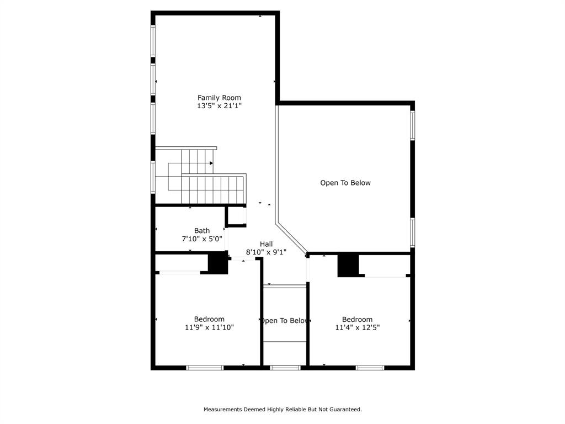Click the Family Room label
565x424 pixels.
[219, 98]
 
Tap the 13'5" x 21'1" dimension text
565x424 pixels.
[219, 105]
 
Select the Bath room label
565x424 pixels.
[201, 231]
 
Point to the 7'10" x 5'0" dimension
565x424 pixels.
[201, 239]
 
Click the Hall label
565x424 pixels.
[266, 244]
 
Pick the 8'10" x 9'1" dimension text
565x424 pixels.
[266, 252]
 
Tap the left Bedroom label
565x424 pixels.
[209, 319]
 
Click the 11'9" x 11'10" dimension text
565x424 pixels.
[209, 327]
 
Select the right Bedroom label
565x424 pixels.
[357, 319]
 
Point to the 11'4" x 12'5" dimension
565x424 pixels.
[357, 327]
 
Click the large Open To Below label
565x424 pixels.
[345, 183]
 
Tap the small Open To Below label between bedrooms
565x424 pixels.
[284, 321]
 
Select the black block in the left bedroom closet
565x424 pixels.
[218, 263]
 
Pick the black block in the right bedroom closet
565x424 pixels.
[348, 266]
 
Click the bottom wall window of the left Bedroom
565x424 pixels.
[205, 368]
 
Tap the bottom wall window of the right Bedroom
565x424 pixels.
[370, 368]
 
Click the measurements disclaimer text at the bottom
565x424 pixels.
[282, 410]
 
